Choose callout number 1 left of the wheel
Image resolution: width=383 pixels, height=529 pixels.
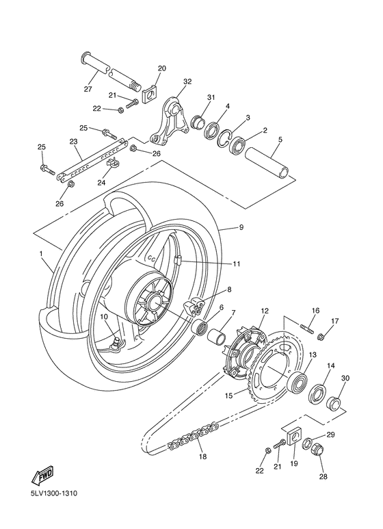pyautogui.click(x=42, y=254)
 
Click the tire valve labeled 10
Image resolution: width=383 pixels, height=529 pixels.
pyautogui.click(x=116, y=339)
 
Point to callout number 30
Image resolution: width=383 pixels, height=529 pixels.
pyautogui.click(x=345, y=378)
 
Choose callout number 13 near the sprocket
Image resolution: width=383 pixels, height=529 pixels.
pyautogui.click(x=313, y=356)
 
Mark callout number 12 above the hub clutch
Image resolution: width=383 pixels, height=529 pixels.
pyautogui.click(x=264, y=311)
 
